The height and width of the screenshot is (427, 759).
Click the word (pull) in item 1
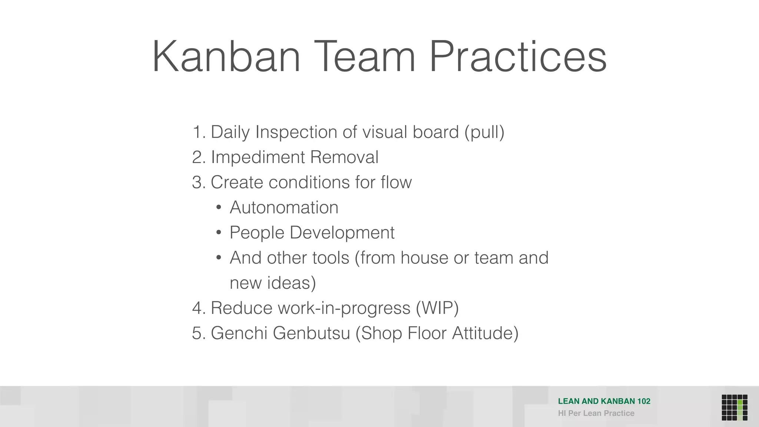(484, 132)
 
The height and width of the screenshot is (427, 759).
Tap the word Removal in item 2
(344, 157)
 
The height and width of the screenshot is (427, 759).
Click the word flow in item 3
(396, 182)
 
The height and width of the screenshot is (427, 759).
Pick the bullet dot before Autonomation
(219, 208)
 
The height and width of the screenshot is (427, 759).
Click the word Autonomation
(284, 208)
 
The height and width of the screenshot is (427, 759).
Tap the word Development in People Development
(342, 233)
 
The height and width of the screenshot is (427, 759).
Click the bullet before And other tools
(219, 258)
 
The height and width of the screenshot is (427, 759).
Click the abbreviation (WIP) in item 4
(437, 308)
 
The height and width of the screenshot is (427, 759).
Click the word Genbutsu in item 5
(311, 333)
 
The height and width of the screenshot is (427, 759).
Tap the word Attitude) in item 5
(485, 333)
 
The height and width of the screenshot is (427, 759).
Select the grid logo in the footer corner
(734, 407)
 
